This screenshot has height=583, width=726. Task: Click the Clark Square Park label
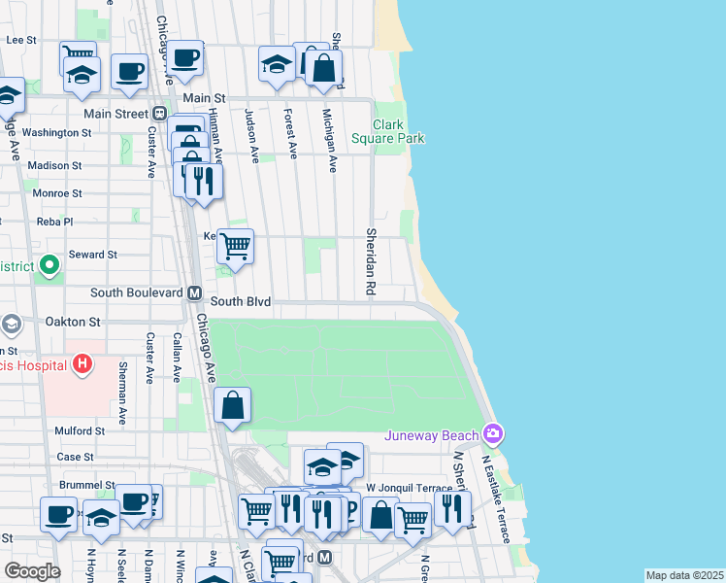400,131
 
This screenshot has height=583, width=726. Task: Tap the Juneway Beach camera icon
493,432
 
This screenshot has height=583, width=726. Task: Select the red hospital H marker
83,364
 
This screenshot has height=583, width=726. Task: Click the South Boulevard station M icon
194,292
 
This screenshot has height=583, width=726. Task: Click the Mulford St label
80,430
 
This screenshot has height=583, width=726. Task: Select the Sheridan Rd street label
370,261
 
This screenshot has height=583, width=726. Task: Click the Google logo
31,571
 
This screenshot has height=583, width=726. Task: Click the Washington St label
56,132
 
